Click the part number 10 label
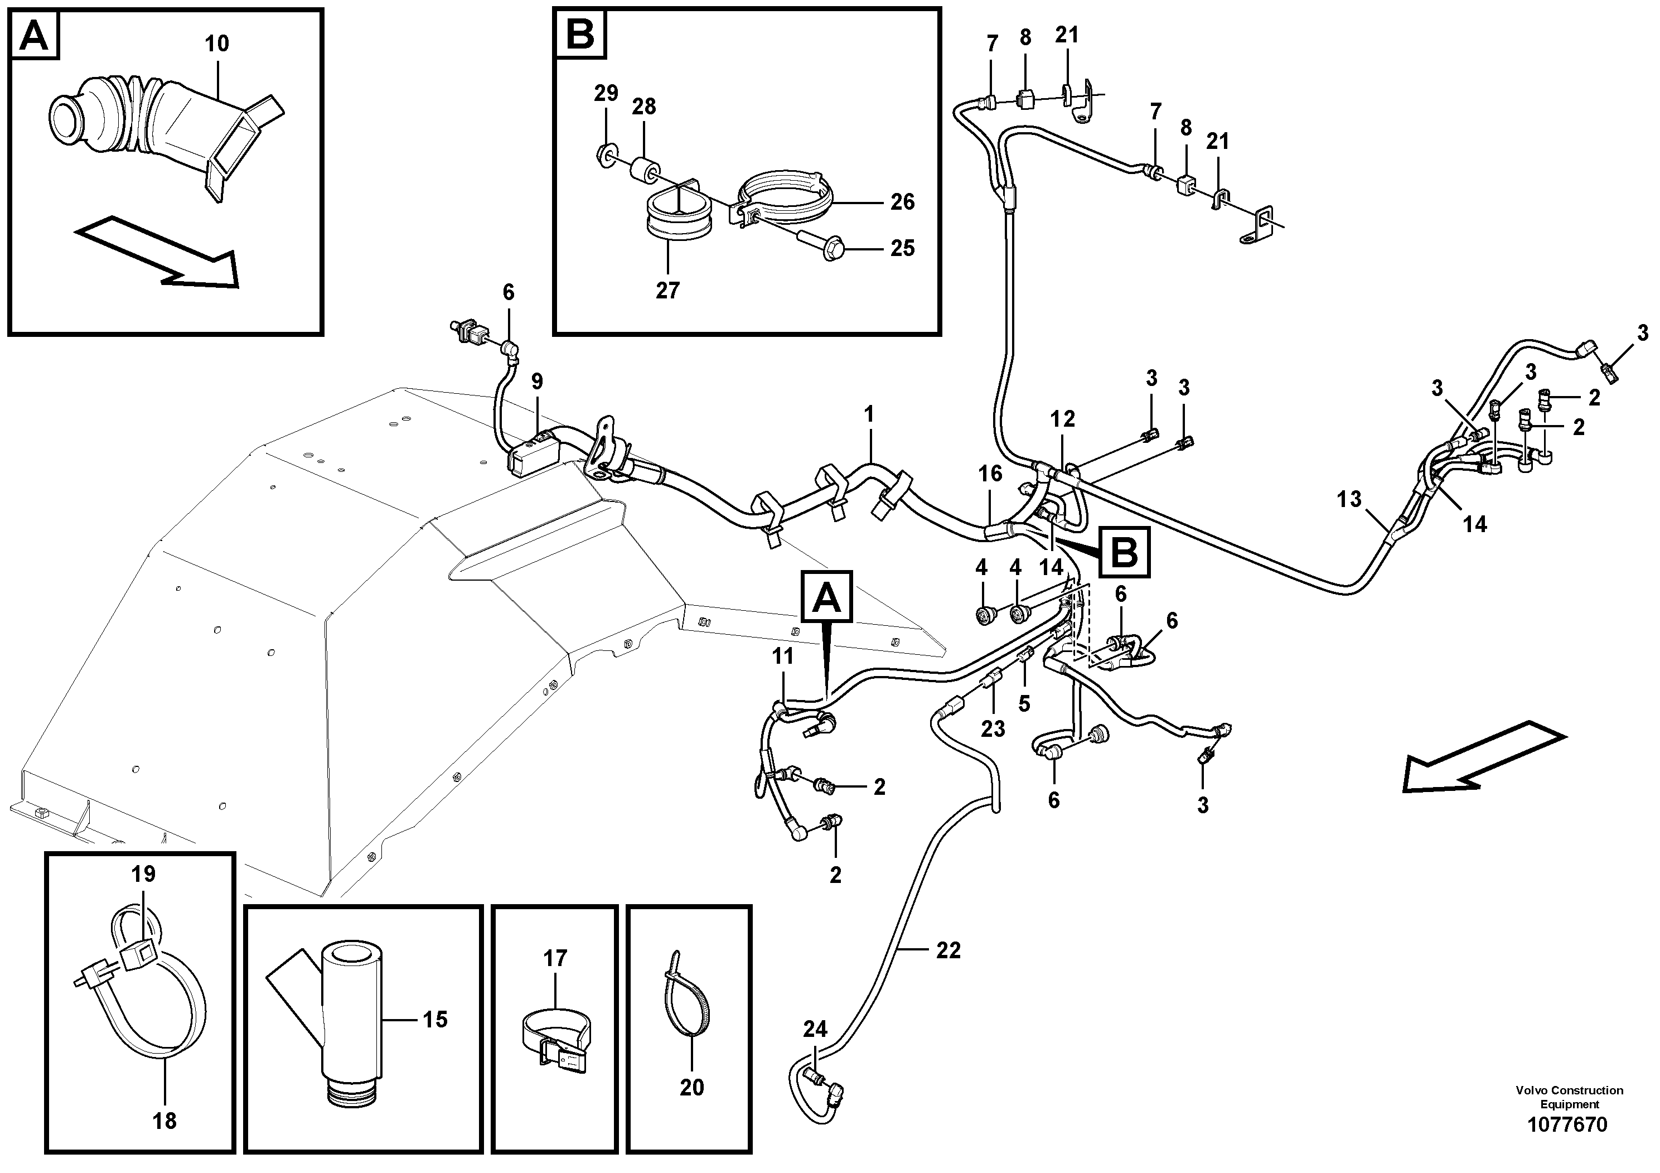tap(216, 44)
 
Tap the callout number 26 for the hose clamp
tap(902, 202)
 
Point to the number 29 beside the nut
tap(607, 93)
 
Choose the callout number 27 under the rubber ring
tap(667, 291)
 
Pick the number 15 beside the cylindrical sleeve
tap(435, 1020)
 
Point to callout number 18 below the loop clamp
tap(165, 1122)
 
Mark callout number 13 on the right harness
tap(1349, 499)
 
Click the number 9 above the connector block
tap(536, 381)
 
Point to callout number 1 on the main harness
tap(869, 414)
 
